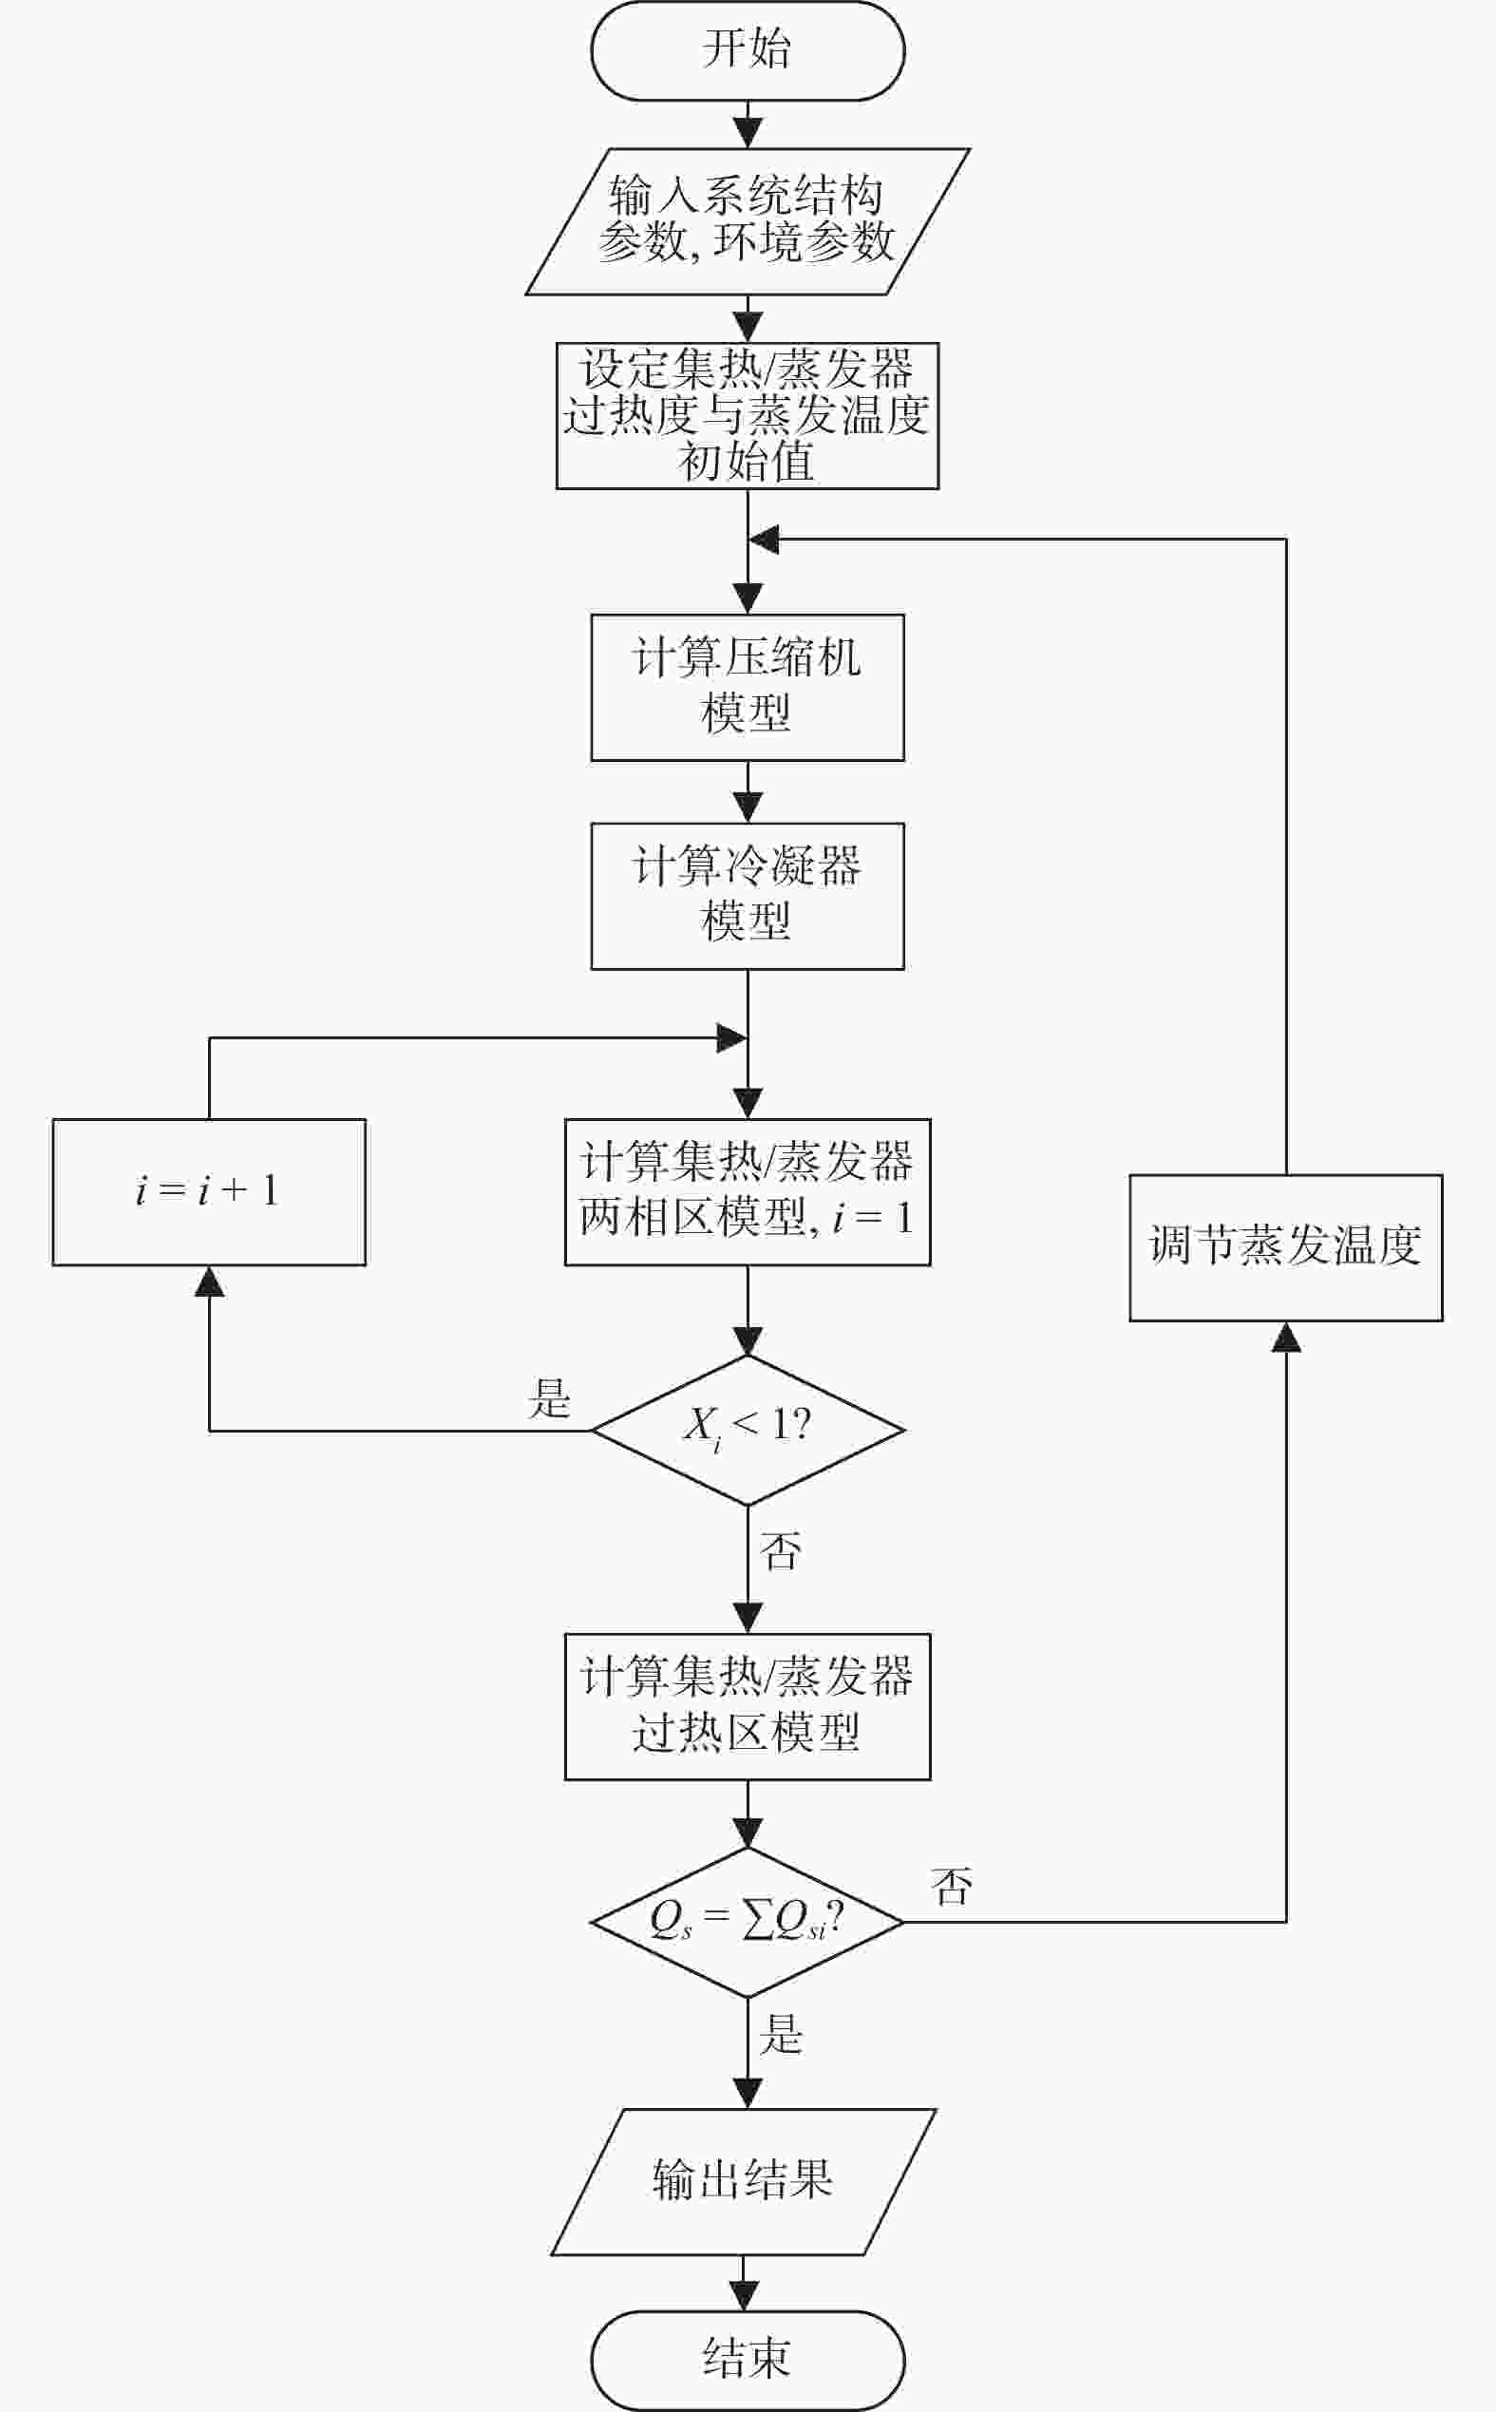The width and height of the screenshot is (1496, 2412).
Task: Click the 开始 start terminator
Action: coord(747,50)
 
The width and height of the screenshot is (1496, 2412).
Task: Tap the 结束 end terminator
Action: coord(747,2360)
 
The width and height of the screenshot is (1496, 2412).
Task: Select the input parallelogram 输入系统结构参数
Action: coord(747,220)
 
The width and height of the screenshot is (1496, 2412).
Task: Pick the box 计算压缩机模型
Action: coord(747,687)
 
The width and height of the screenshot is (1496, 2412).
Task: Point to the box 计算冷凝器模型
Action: coord(747,895)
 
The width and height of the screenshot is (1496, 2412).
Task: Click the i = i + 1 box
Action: coord(209,1191)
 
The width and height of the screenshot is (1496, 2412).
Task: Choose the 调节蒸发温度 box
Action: coord(1285,1246)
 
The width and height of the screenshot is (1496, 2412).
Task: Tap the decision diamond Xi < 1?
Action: coord(747,1430)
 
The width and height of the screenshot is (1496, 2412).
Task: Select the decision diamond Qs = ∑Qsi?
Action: coord(747,1921)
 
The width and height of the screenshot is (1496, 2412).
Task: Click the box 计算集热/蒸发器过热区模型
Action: coord(747,1705)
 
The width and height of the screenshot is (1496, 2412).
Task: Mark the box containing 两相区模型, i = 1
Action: coord(747,1191)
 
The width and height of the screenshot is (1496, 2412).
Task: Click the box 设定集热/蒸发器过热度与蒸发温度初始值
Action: coord(747,415)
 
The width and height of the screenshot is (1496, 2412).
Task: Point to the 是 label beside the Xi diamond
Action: coord(549,1398)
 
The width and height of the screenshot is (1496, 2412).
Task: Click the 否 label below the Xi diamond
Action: coord(780,1550)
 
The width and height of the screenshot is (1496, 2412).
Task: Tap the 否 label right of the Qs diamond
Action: coord(952,1887)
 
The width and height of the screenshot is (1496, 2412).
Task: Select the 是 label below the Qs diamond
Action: coord(780,2034)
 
